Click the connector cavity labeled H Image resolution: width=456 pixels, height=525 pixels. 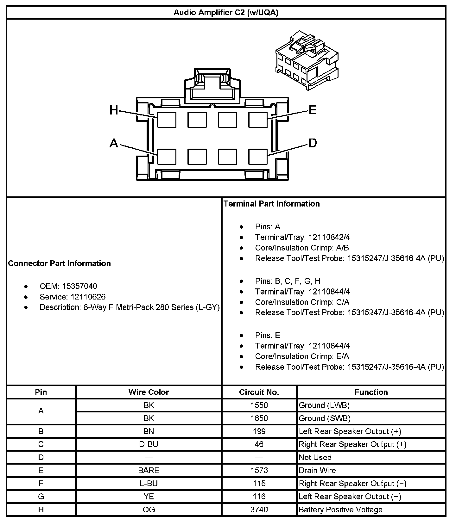tap(167, 120)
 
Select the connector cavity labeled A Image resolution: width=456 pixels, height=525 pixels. tap(167, 157)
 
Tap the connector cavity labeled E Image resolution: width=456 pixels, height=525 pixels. tap(258, 120)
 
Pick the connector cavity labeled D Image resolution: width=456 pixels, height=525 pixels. tap(258, 157)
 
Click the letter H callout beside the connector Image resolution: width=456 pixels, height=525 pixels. tap(114, 110)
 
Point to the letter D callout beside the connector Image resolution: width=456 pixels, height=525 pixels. tap(313, 143)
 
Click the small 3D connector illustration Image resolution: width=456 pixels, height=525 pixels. tap(307, 61)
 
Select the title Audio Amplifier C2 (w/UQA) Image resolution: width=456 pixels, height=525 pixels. tap(226, 13)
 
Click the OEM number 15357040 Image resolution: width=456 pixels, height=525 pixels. tap(79, 286)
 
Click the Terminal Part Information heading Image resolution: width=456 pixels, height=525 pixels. tap(272, 204)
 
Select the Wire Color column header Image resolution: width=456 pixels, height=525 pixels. tap(149, 392)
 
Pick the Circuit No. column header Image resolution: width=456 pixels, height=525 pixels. tap(259, 392)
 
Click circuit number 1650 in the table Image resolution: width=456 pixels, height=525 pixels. tap(259, 418)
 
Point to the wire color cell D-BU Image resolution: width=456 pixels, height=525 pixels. tap(149, 444)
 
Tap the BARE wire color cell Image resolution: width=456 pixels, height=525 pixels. tap(149, 470)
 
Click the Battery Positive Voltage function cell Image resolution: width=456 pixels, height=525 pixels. tap(340, 510)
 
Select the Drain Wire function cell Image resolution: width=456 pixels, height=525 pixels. tap(317, 470)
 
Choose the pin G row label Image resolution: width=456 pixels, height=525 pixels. tap(41, 497)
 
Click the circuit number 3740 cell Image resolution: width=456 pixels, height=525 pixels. tap(259, 510)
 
